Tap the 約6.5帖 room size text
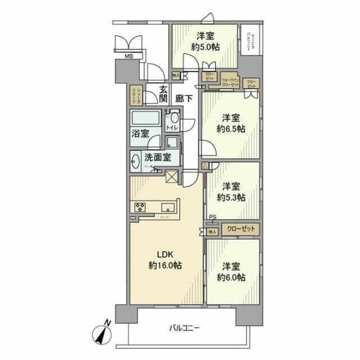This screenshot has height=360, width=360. (x=232, y=129)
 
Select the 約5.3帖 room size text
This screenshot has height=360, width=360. (x=231, y=197)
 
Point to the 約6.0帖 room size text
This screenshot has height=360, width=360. (x=232, y=278)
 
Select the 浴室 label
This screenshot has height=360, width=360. (x=141, y=133)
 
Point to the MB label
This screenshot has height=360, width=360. (x=129, y=56)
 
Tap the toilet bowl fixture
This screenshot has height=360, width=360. (x=175, y=119)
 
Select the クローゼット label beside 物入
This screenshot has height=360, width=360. (x=241, y=229)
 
